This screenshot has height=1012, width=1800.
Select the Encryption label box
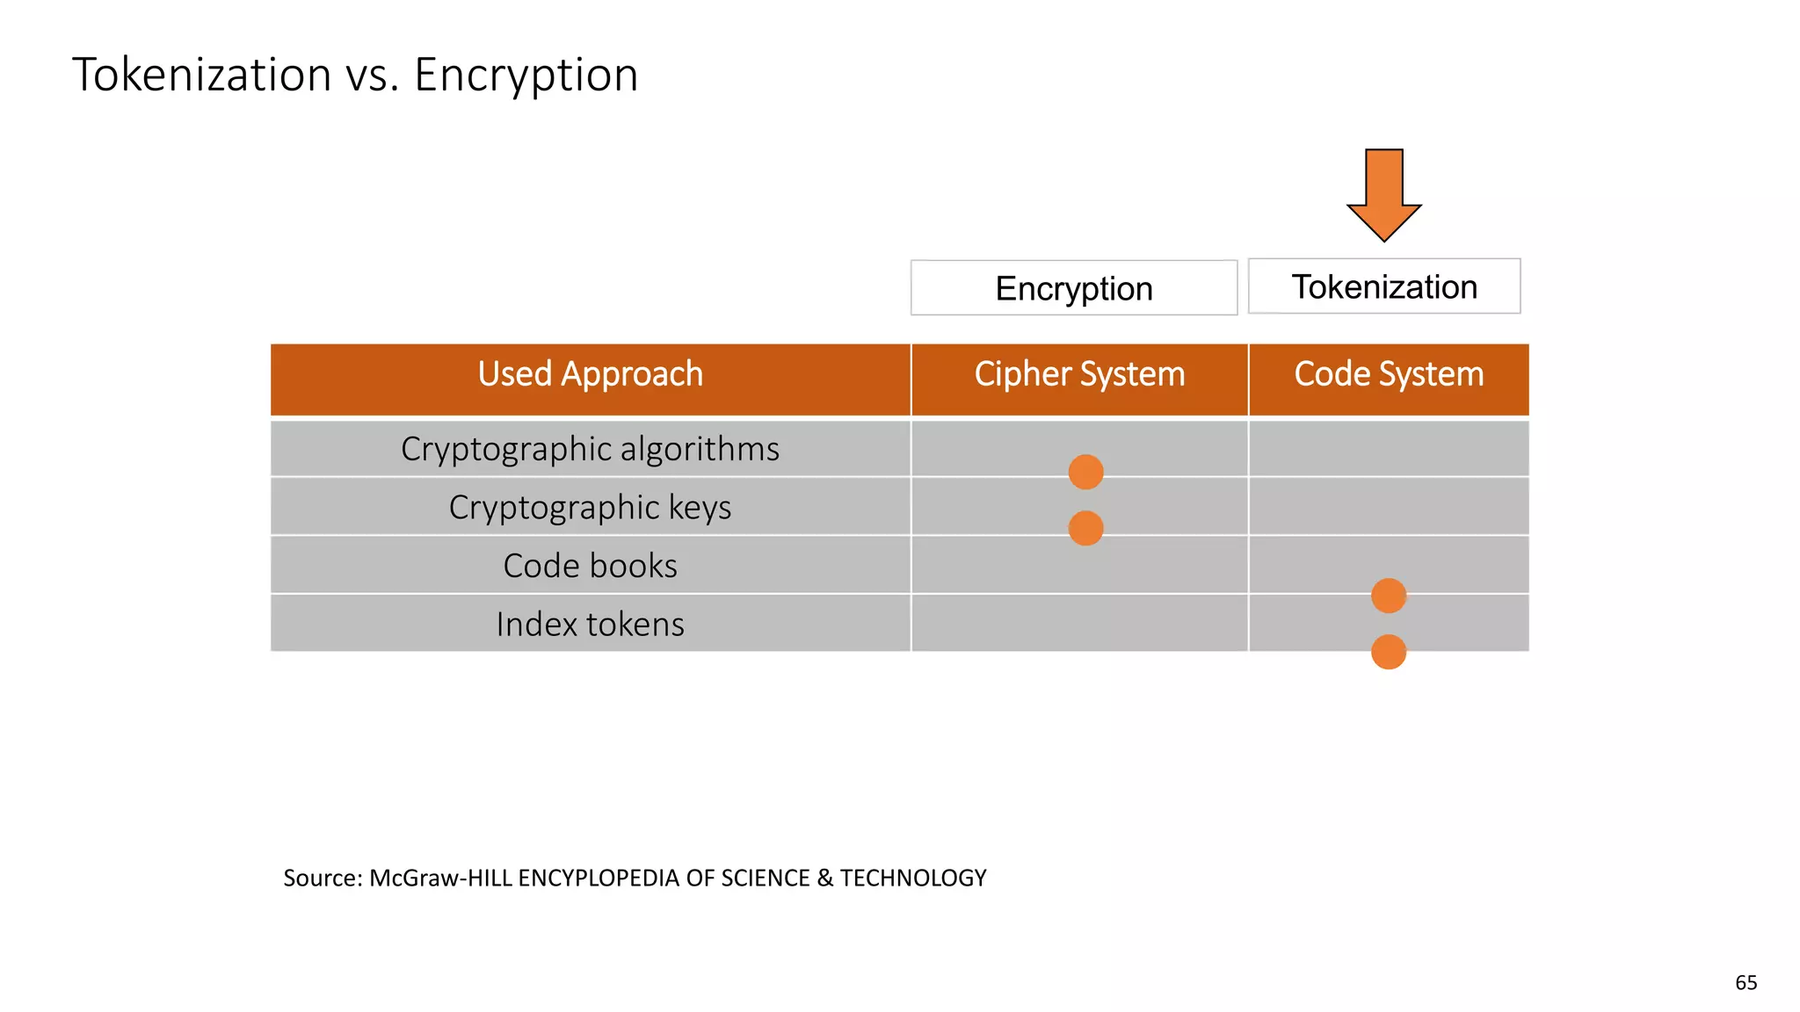(x=1073, y=288)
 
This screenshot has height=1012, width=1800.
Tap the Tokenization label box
(x=1383, y=286)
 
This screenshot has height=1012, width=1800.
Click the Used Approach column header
(x=590, y=374)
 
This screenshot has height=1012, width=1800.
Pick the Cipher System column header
(x=1079, y=374)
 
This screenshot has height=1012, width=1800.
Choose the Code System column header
(x=1389, y=374)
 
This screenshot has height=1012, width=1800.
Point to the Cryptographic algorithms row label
(x=590, y=449)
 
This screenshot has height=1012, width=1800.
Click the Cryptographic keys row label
(x=590, y=508)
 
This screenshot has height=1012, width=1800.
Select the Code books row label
(x=590, y=566)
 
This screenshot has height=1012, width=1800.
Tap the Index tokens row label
(x=590, y=625)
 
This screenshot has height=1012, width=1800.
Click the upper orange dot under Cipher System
(x=1085, y=472)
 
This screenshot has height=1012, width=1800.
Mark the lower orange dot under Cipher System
(x=1085, y=528)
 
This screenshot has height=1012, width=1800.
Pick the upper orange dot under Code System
(x=1389, y=596)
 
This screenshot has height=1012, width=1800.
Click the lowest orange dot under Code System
(x=1389, y=652)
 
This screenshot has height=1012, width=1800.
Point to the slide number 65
(x=1746, y=983)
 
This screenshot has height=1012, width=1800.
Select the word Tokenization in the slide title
(x=201, y=75)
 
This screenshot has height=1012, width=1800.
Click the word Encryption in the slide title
(x=526, y=75)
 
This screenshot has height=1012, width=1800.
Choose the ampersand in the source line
(x=824, y=878)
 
